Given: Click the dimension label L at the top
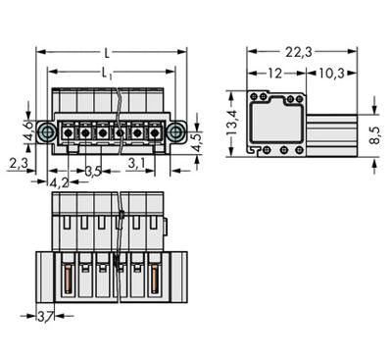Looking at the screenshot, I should (107, 52).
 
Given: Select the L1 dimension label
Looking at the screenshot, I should (107, 73).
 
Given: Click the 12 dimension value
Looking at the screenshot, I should (276, 74).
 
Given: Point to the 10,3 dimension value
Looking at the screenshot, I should (328, 74).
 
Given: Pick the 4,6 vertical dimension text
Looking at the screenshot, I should (28, 130).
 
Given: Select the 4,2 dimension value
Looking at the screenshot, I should (58, 181).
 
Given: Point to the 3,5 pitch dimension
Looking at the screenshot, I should (94, 171).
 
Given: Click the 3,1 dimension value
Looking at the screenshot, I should (137, 163).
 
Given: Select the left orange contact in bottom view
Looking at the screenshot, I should (69, 283).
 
